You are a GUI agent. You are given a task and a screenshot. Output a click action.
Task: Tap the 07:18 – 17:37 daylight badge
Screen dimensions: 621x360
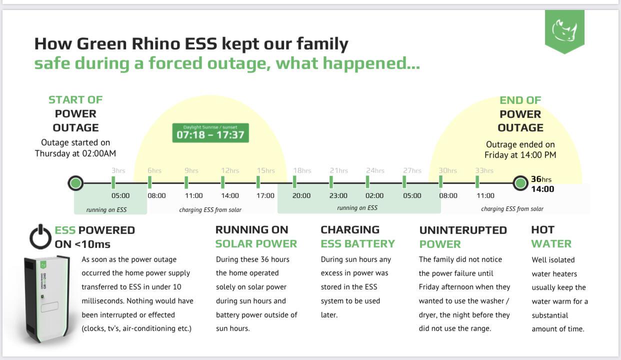coord(210,133)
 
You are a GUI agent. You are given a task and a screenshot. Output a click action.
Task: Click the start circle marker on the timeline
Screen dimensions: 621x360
coord(75,183)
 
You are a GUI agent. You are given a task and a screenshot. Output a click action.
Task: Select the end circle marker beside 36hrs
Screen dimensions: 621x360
coord(520,183)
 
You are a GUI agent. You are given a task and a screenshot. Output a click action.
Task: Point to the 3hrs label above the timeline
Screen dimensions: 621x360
coord(118,170)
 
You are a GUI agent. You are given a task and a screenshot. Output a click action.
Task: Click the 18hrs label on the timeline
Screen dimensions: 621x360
coord(302,170)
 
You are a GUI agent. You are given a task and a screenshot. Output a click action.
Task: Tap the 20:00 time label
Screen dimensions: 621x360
coord(301,195)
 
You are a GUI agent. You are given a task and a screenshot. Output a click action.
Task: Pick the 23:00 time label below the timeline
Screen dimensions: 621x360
coord(338,195)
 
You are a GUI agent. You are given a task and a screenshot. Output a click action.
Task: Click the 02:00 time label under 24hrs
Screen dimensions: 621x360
coord(374,195)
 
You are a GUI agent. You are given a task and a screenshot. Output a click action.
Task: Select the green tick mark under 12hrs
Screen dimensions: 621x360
coord(222,182)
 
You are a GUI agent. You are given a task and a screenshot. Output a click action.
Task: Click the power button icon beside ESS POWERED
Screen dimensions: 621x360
coord(40,236)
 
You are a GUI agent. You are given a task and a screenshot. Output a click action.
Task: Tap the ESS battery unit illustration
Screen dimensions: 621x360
coord(46,299)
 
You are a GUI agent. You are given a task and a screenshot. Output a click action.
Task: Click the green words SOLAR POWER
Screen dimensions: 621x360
coord(256,244)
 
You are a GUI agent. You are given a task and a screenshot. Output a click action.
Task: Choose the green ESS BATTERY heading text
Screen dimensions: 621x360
coord(357,244)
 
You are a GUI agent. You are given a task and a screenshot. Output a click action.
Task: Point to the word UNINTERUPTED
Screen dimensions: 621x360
coord(463,230)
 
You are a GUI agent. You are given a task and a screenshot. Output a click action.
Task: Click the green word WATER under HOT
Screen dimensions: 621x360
coord(551,244)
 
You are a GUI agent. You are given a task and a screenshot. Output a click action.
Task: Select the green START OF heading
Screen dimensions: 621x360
coord(75,100)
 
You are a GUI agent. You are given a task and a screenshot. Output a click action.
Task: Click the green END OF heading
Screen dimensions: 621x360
coord(520,100)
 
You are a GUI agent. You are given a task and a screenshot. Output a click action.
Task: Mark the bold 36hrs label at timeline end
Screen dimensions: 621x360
coord(541,179)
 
